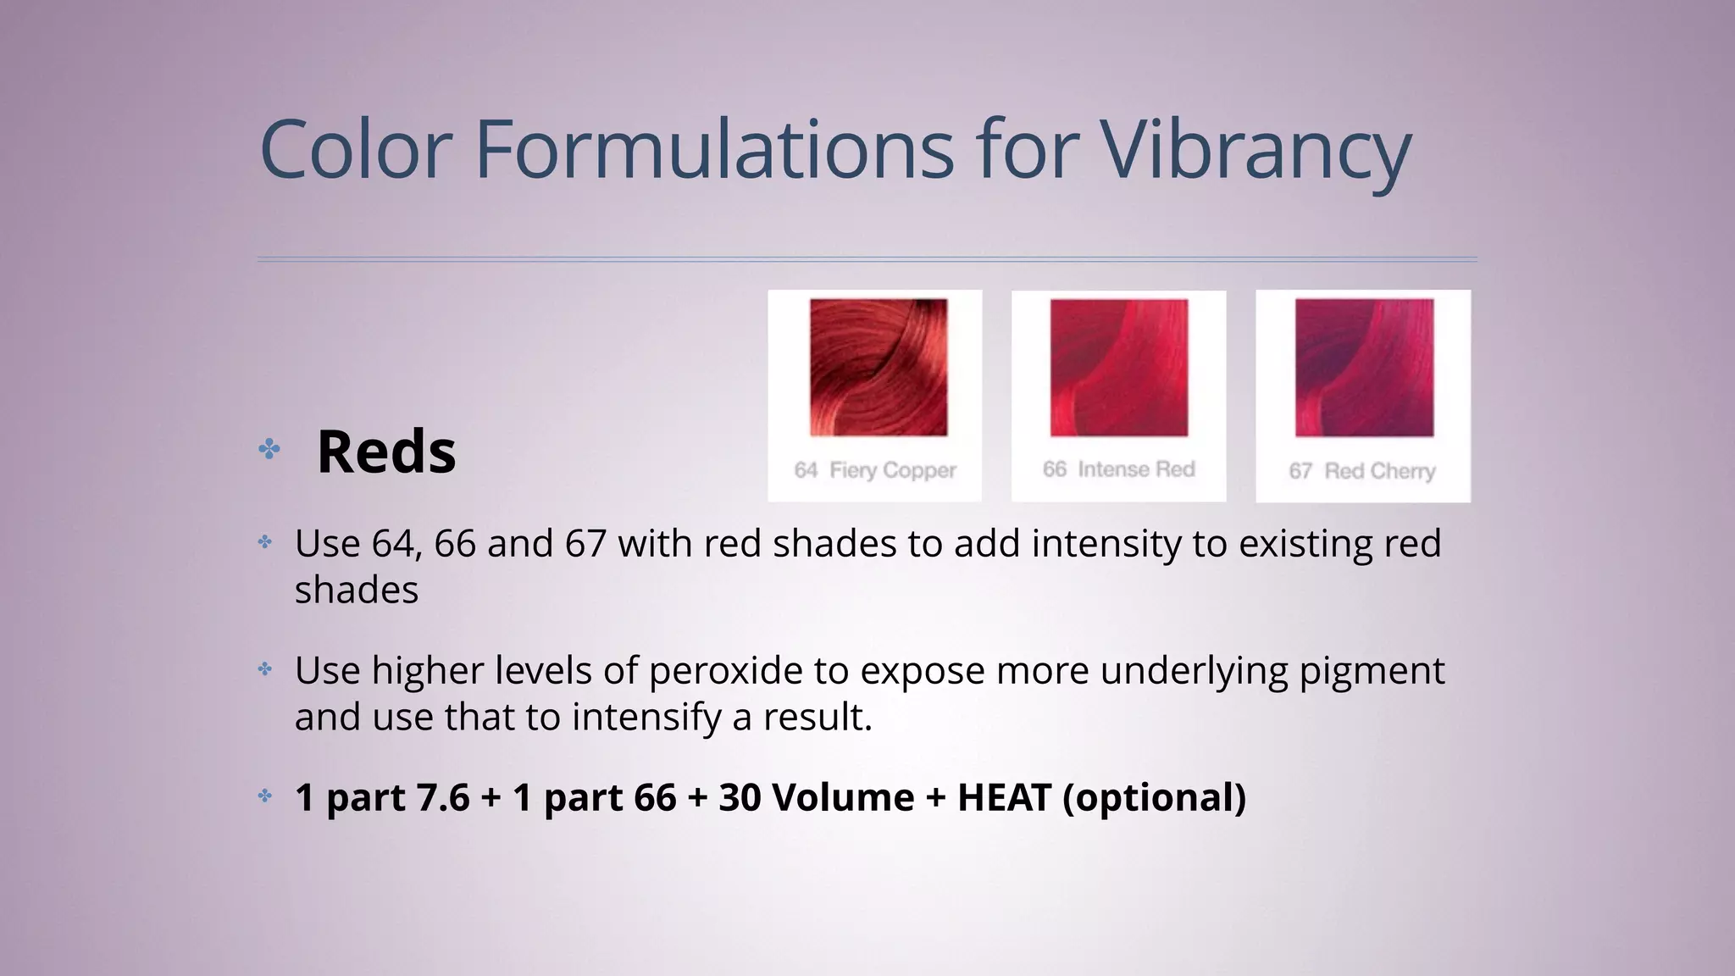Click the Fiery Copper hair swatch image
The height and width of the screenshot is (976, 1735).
[879, 367]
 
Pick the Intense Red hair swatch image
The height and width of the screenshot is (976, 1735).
[1119, 367]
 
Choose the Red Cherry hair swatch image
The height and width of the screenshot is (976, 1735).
[1364, 367]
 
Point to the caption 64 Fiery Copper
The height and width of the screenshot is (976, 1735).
[875, 470]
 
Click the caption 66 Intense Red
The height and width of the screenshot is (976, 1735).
[1118, 469]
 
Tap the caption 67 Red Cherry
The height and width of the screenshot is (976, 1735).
[1362, 471]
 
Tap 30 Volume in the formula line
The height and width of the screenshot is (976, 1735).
[816, 797]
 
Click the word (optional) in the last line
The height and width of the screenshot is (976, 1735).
[1154, 797]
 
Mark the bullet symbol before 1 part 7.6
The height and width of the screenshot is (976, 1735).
[265, 796]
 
